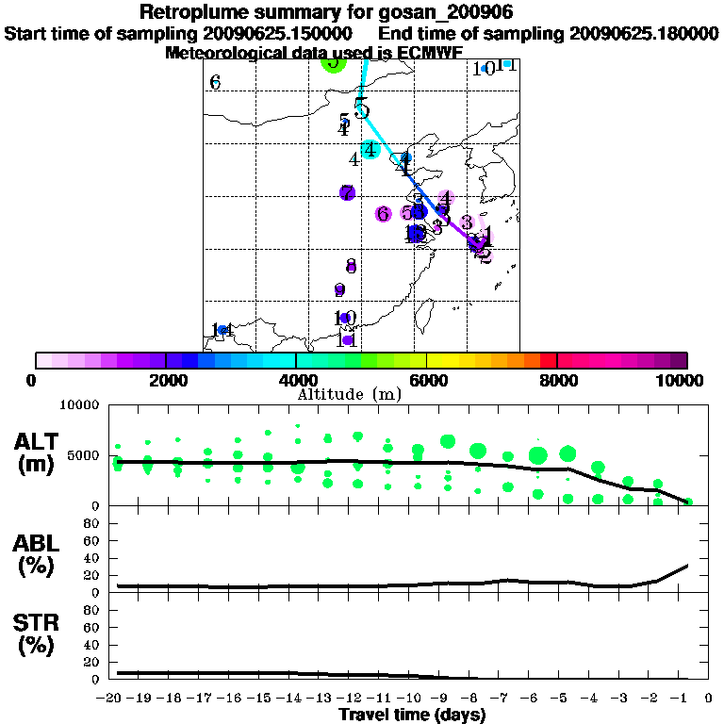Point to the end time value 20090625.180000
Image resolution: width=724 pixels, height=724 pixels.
pyautogui.click(x=643, y=33)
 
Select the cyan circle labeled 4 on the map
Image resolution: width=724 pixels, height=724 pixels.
pyautogui.click(x=370, y=149)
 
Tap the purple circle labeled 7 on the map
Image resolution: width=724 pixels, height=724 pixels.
pyautogui.click(x=347, y=192)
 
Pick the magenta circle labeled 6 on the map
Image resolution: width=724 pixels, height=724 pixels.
pyautogui.click(x=383, y=214)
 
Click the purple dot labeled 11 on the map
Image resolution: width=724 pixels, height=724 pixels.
pyautogui.click(x=347, y=339)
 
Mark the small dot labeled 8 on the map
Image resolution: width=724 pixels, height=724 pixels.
pyautogui.click(x=350, y=266)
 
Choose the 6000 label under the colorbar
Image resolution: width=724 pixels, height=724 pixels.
pyautogui.click(x=428, y=380)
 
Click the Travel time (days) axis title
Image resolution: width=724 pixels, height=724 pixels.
pyautogui.click(x=412, y=715)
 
